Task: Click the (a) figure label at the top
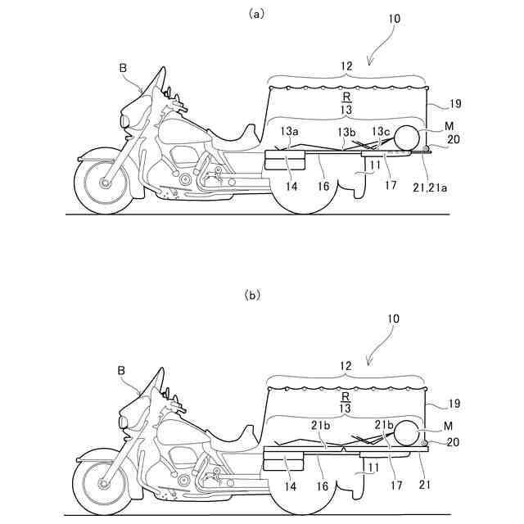(261, 13)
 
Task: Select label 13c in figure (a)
(381, 131)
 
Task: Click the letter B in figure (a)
(123, 70)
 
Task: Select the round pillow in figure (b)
(407, 436)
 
